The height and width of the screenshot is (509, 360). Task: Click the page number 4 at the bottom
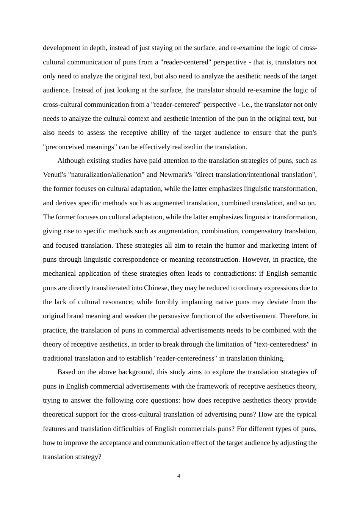[178, 476]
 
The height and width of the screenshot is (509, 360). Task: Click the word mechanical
[58, 273]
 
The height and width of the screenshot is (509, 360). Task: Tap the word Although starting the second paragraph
[71, 161]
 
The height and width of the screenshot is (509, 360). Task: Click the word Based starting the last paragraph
[66, 372]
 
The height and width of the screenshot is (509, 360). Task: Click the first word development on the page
[62, 48]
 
